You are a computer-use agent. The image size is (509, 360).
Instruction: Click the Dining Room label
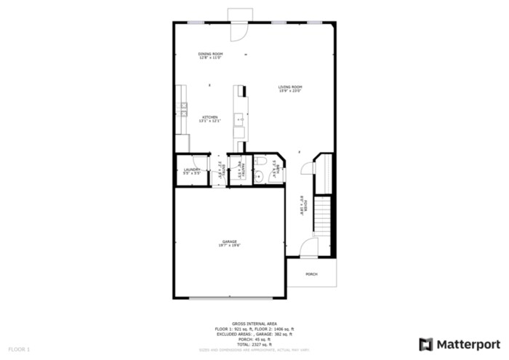click(211, 55)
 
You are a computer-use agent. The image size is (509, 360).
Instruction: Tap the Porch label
click(311, 273)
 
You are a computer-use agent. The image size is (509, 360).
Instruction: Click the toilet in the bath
click(260, 161)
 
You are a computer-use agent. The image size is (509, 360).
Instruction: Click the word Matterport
click(469, 343)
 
